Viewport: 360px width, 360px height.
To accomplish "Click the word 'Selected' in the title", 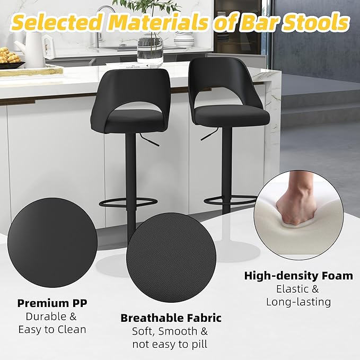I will pos(56,23).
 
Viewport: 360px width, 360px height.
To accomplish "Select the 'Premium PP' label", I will pos(52,303).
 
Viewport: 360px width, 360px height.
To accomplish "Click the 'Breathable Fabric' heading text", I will pos(171,318).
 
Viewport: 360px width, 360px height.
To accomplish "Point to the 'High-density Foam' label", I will pos(298,276).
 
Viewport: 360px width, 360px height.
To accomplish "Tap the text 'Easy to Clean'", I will pos(52,329).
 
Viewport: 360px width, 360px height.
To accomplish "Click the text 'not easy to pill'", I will pos(170,345).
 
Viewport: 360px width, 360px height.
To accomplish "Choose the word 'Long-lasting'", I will pos(298,302).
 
